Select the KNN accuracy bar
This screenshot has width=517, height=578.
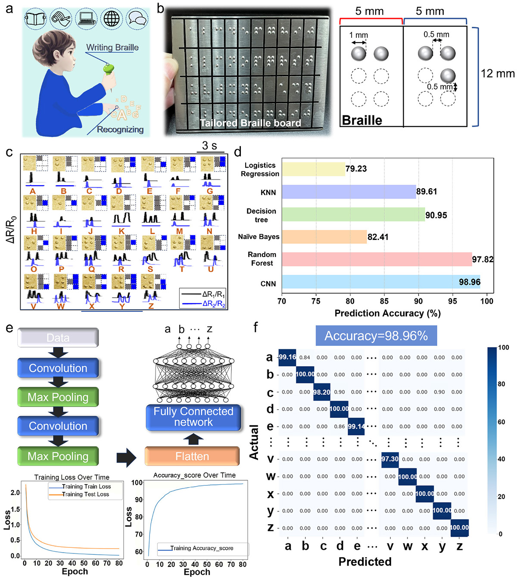349,192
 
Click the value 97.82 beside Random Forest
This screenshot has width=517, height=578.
483,259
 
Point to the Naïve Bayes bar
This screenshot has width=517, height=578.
324,237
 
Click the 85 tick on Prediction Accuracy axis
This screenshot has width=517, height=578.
384,301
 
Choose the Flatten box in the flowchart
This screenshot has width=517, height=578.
192,456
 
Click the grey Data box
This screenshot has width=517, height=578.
58,338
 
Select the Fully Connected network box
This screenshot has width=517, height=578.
193,416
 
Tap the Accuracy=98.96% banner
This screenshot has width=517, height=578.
376,336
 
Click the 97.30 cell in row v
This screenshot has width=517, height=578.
390,459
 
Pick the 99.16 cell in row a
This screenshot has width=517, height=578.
287,357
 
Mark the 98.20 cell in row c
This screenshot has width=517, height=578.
322,392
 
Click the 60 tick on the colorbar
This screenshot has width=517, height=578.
501,422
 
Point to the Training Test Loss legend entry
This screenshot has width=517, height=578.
85,494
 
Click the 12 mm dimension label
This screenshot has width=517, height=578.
498,74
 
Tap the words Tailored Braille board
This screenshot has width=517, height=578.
250,123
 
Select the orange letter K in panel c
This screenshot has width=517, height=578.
121,231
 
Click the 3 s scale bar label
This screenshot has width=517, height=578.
210,146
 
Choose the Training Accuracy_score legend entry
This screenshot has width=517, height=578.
202,548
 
